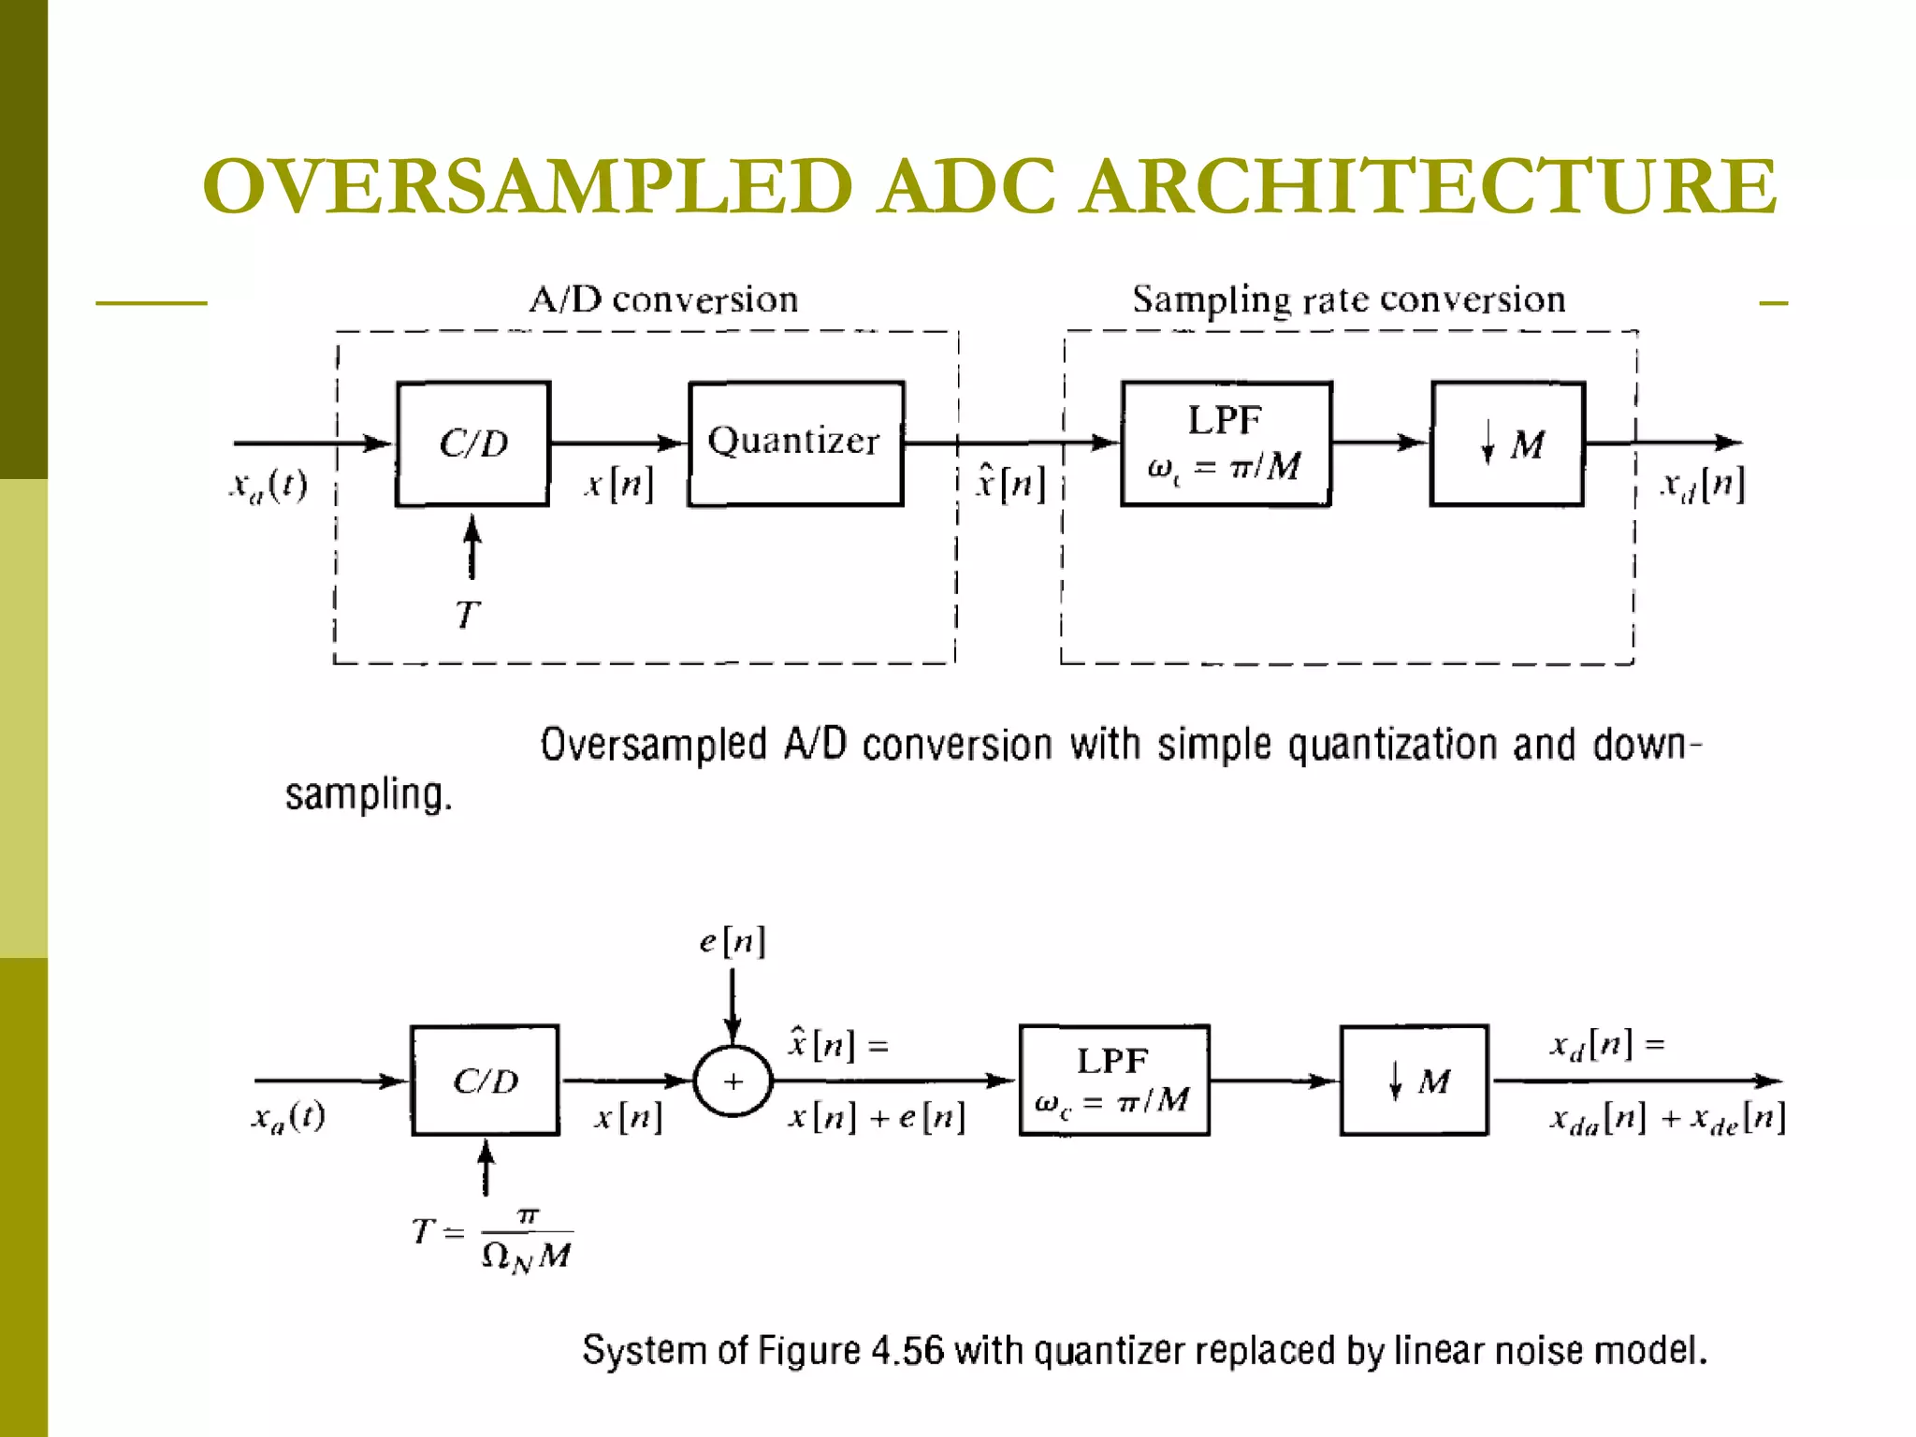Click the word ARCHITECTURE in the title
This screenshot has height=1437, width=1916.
(x=1429, y=187)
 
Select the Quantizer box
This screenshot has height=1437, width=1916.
(x=795, y=443)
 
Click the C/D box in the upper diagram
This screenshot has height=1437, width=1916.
(x=472, y=443)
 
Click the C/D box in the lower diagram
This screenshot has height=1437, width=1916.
(x=485, y=1081)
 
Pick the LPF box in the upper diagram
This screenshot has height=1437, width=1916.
(x=1226, y=443)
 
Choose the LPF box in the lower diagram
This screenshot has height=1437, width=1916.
(x=1113, y=1081)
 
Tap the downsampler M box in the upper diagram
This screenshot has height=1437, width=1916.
(x=1507, y=443)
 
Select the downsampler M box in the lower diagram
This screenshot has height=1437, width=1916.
(x=1414, y=1081)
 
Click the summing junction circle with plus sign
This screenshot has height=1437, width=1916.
(x=733, y=1081)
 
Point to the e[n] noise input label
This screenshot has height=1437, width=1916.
(x=733, y=941)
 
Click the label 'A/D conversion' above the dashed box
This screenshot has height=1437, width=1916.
(x=663, y=300)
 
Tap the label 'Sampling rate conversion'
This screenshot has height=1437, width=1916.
(x=1348, y=300)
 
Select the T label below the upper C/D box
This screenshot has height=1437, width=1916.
(x=468, y=616)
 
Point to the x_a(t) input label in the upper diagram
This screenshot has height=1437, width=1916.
(x=269, y=485)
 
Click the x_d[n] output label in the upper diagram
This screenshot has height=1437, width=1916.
(x=1702, y=485)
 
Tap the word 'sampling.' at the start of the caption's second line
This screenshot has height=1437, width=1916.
(x=369, y=795)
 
